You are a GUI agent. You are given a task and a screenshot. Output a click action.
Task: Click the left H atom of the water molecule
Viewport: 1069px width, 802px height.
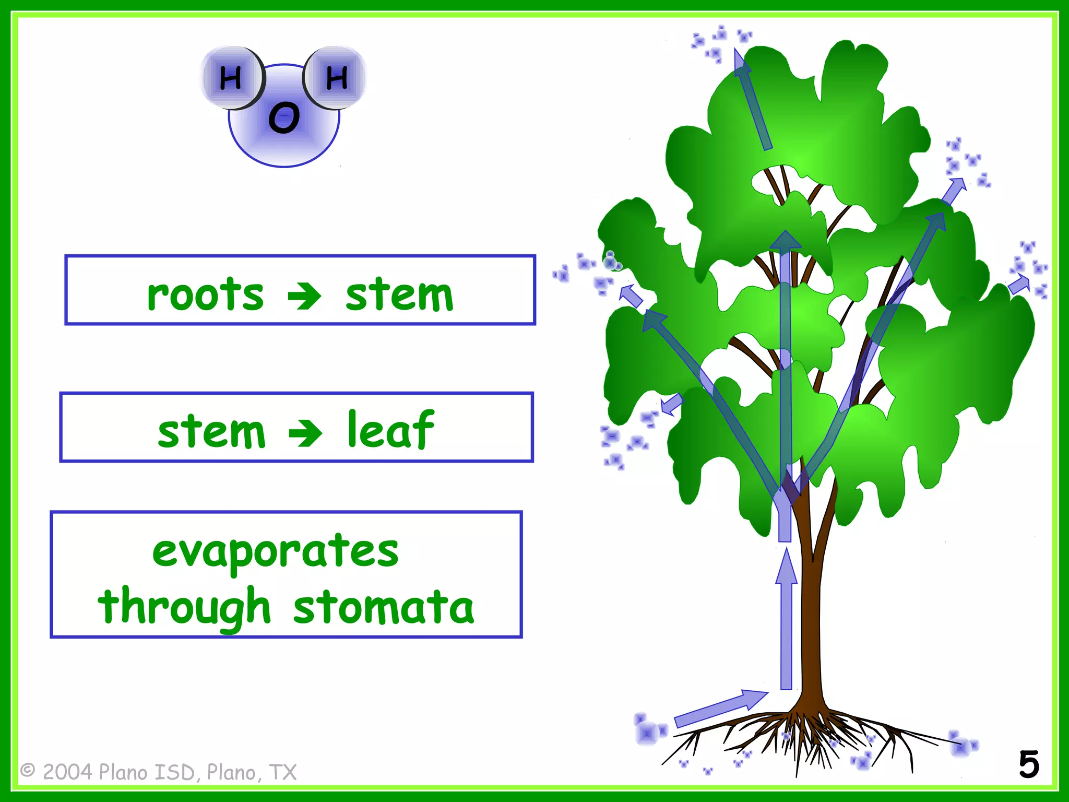coord(231,78)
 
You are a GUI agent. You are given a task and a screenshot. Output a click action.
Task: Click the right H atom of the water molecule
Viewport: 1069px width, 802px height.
coord(337,78)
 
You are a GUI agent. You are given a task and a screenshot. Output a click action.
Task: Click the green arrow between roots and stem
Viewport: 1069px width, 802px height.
coord(304,296)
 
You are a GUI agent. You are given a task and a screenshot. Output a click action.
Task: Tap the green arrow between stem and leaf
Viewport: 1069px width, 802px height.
coord(305,433)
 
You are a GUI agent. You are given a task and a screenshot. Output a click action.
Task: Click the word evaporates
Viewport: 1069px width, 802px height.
coord(276,551)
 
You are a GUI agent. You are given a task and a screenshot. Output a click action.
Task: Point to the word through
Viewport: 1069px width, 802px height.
coord(184,607)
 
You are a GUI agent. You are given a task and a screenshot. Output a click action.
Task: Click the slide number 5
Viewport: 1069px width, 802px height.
coord(1029,765)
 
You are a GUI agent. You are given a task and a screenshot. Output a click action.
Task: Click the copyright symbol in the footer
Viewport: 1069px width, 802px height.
coord(28,771)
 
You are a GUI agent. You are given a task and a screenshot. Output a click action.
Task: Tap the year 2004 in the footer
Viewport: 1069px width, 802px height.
coord(68,772)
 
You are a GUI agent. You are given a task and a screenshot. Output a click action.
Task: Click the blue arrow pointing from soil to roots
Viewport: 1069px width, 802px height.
coord(720,709)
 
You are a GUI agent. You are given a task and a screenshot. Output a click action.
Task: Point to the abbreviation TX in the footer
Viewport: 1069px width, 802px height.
coord(283,772)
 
